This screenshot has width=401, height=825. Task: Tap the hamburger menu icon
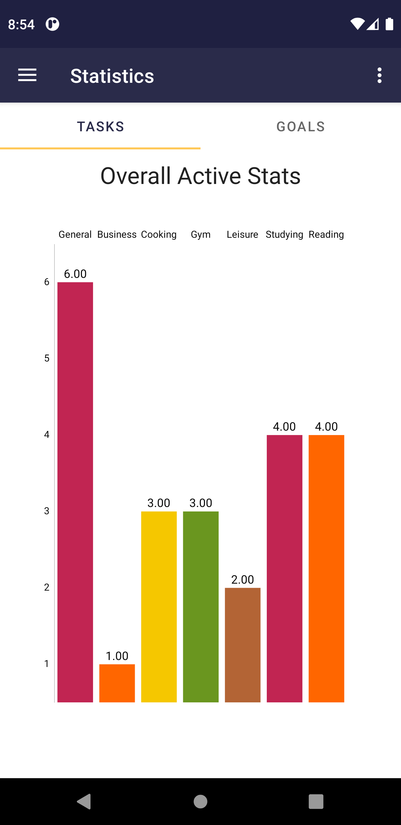[x=27, y=75]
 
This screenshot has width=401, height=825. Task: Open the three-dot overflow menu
[x=379, y=75]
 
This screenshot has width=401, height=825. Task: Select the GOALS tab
[x=300, y=127]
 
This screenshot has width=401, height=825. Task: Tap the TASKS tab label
[x=101, y=127]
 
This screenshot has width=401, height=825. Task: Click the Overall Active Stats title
[x=200, y=176]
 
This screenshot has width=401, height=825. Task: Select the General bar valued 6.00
[x=75, y=492]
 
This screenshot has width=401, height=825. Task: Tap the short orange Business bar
[x=117, y=683]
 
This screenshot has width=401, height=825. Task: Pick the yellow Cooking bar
[x=159, y=607]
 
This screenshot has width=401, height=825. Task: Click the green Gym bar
[x=201, y=607]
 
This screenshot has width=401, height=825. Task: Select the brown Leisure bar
[x=243, y=645]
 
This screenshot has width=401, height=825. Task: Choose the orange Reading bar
[x=326, y=569]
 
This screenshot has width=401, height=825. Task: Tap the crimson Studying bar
[x=285, y=569]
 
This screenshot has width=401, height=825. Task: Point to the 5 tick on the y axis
[x=47, y=358]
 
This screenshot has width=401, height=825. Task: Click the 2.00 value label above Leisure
[x=243, y=579]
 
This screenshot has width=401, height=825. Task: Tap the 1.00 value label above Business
[x=117, y=656]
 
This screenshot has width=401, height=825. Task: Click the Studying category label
[x=285, y=234]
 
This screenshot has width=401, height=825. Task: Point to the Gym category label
[x=201, y=234]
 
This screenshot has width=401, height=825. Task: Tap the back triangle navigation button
[x=84, y=801]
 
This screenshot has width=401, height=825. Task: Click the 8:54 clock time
[x=21, y=24]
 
